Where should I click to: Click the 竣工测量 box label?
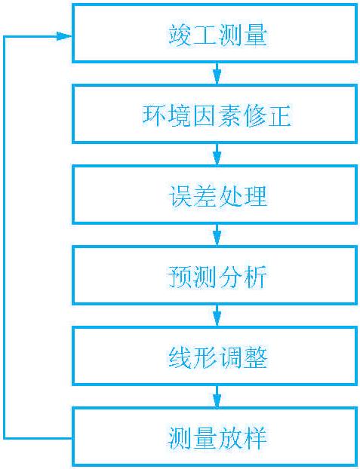pyautogui.click(x=217, y=36)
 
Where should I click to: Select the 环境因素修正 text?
pyautogui.click(x=217, y=116)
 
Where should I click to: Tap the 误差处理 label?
pyautogui.click(x=217, y=197)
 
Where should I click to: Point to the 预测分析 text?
pyautogui.click(x=217, y=277)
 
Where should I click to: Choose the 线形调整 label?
pyautogui.click(x=217, y=358)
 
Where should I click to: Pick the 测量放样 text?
pyautogui.click(x=217, y=439)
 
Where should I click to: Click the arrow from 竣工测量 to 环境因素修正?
pyautogui.click(x=217, y=74)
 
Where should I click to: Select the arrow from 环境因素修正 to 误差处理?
pyautogui.click(x=217, y=155)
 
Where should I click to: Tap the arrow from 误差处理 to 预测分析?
pyautogui.click(x=217, y=235)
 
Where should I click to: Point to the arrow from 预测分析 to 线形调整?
pyautogui.click(x=217, y=316)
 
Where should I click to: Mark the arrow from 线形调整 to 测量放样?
pyautogui.click(x=217, y=397)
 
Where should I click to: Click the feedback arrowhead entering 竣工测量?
pyautogui.click(x=64, y=36)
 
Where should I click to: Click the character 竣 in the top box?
pyautogui.click(x=179, y=36)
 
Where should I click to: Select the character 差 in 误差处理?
pyautogui.click(x=205, y=197)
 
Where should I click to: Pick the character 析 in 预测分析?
pyautogui.click(x=256, y=277)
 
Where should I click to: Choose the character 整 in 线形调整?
pyautogui.click(x=256, y=358)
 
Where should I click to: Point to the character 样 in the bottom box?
pyautogui.click(x=256, y=439)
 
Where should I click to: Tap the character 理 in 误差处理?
pyautogui.click(x=256, y=197)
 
